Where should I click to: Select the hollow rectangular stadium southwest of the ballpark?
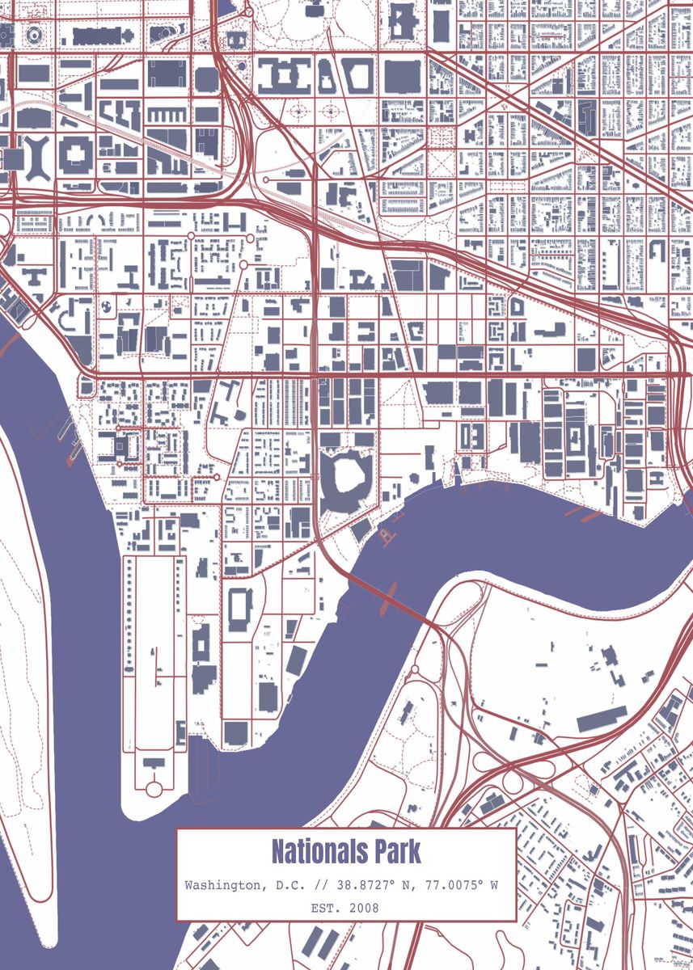[x=241, y=608]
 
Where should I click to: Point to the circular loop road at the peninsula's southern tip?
[x=154, y=787]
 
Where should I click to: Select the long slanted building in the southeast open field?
[x=602, y=718]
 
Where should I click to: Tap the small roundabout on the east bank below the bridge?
[x=416, y=668]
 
